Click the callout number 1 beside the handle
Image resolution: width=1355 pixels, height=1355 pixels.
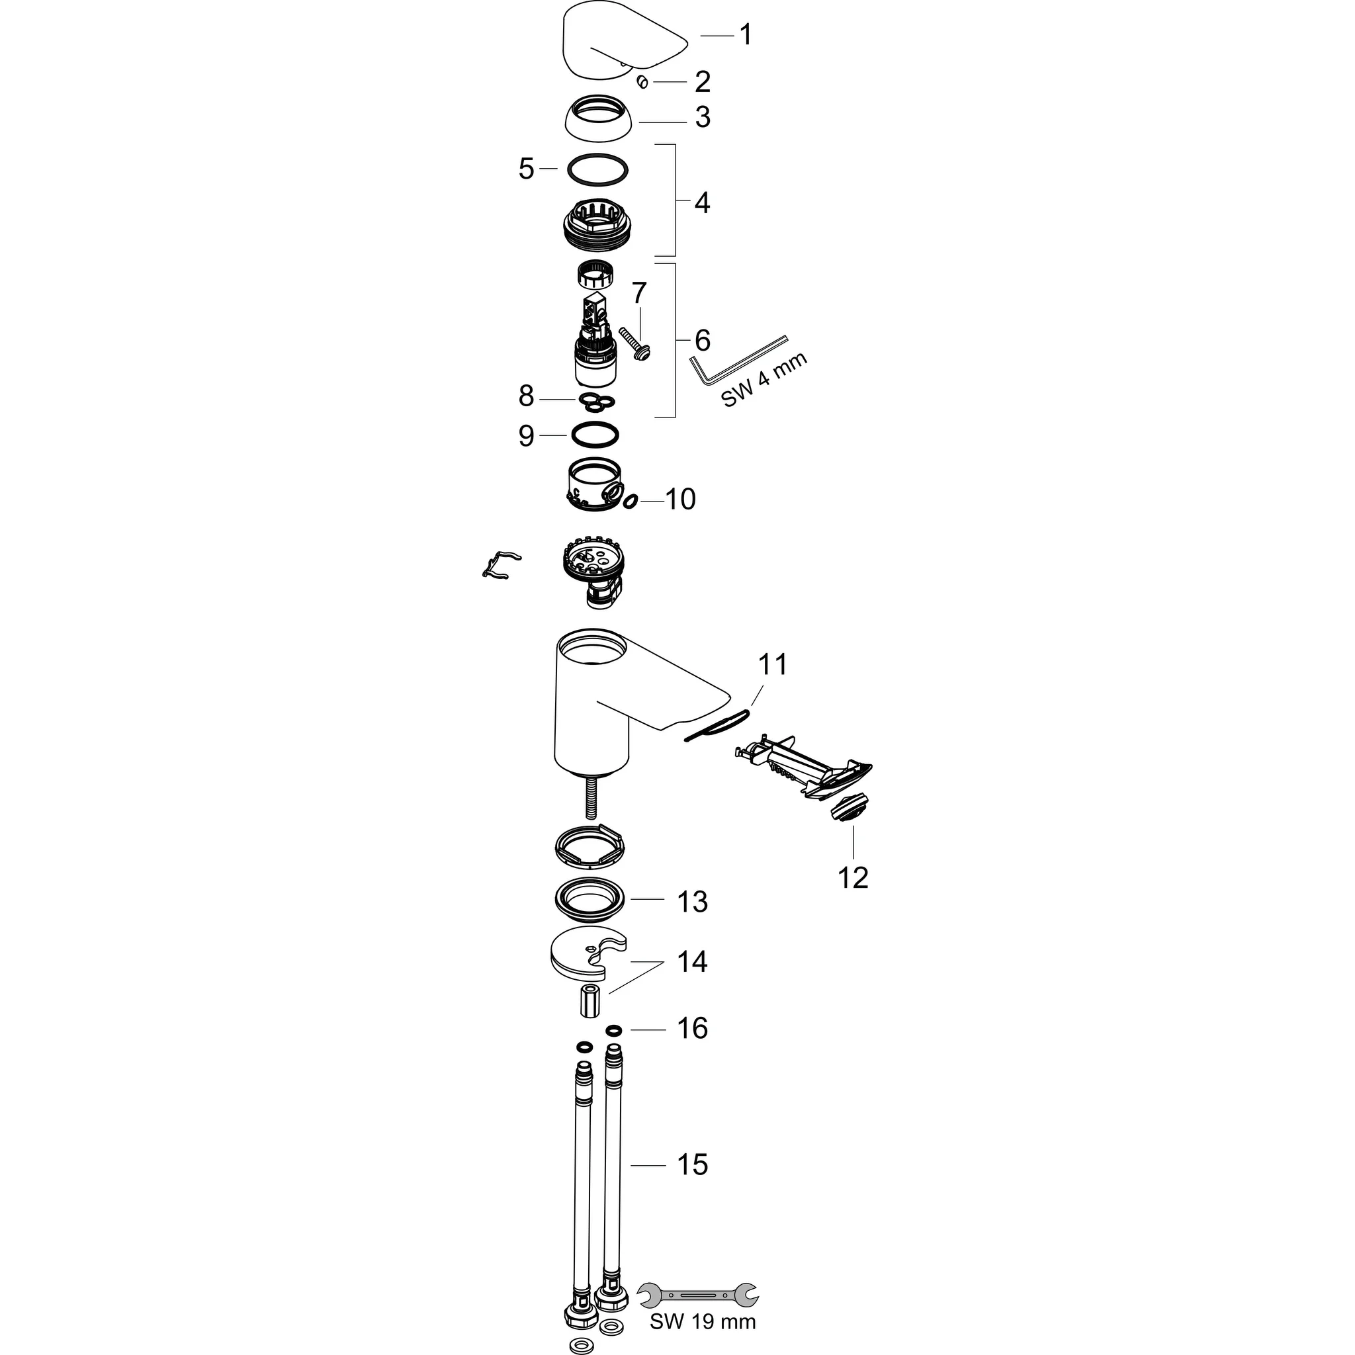[746, 34]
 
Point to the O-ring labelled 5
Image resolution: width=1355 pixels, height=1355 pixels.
[597, 171]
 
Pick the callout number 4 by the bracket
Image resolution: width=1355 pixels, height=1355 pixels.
[702, 202]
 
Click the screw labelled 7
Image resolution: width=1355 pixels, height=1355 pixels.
[634, 344]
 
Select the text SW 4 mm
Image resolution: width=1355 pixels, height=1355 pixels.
[764, 379]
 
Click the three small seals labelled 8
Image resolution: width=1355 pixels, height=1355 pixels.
[597, 402]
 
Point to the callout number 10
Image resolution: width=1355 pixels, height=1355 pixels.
[679, 500]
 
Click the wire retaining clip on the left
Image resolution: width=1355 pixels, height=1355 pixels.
[501, 564]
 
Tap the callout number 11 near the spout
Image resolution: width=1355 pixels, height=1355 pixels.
[772, 664]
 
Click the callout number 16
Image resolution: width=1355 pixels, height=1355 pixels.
[692, 1029]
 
